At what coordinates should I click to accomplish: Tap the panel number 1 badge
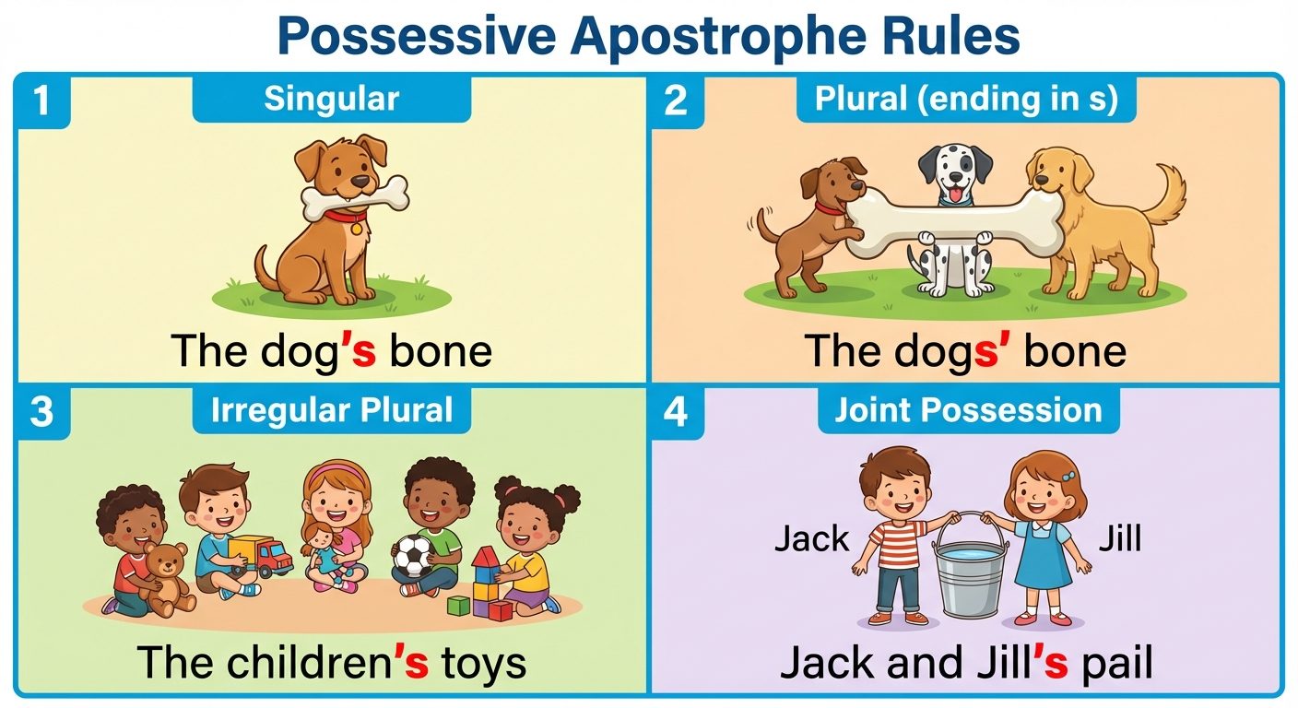(x=41, y=100)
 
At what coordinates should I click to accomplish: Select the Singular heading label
(x=331, y=99)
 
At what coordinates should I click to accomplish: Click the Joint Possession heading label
(x=968, y=410)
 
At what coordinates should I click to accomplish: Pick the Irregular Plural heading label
(x=331, y=410)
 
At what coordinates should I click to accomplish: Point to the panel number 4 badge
(x=676, y=412)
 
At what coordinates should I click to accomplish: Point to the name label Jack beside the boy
(x=811, y=538)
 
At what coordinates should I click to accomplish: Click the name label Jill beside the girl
(x=1119, y=538)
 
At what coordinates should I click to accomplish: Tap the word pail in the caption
(x=1117, y=663)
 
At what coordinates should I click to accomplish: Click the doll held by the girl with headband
(x=323, y=549)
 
